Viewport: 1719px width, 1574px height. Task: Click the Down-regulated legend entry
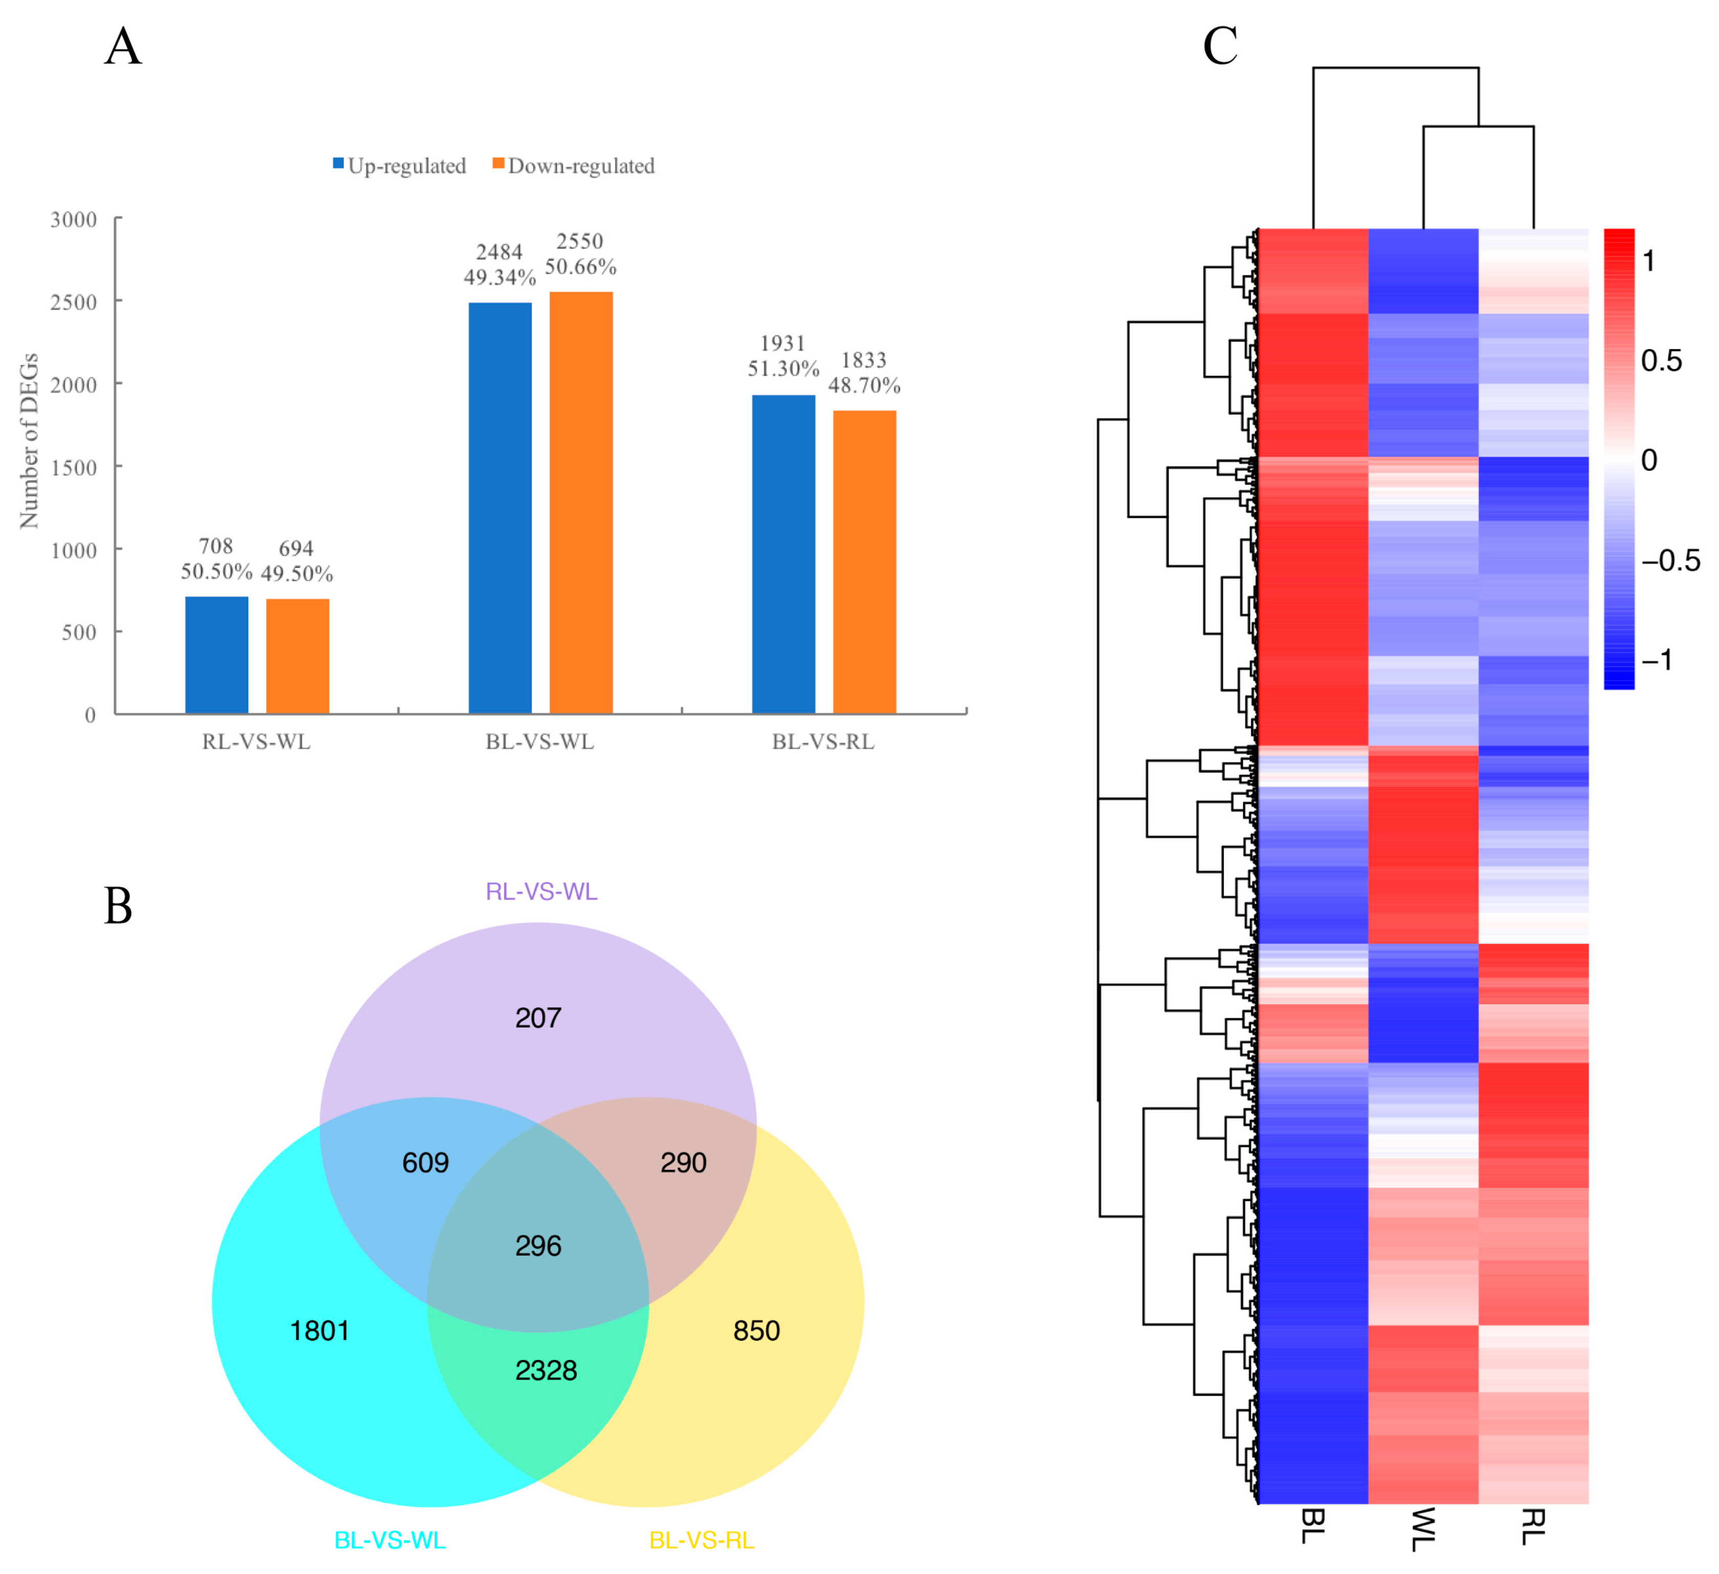click(x=574, y=165)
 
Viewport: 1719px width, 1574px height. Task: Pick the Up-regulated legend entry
click(x=400, y=165)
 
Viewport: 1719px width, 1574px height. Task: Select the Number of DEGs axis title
click(x=29, y=440)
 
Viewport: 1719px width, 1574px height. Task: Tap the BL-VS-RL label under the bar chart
click(x=823, y=742)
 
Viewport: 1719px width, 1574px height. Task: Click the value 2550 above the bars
click(x=580, y=242)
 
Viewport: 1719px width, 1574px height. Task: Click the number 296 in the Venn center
click(x=538, y=1245)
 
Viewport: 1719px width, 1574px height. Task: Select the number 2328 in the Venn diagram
click(x=546, y=1370)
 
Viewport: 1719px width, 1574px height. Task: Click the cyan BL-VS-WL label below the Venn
click(x=390, y=1540)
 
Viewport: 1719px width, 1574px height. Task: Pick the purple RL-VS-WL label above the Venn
click(x=541, y=891)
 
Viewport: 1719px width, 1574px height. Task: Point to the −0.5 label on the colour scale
click(x=1669, y=560)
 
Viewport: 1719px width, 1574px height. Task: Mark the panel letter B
click(x=119, y=906)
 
